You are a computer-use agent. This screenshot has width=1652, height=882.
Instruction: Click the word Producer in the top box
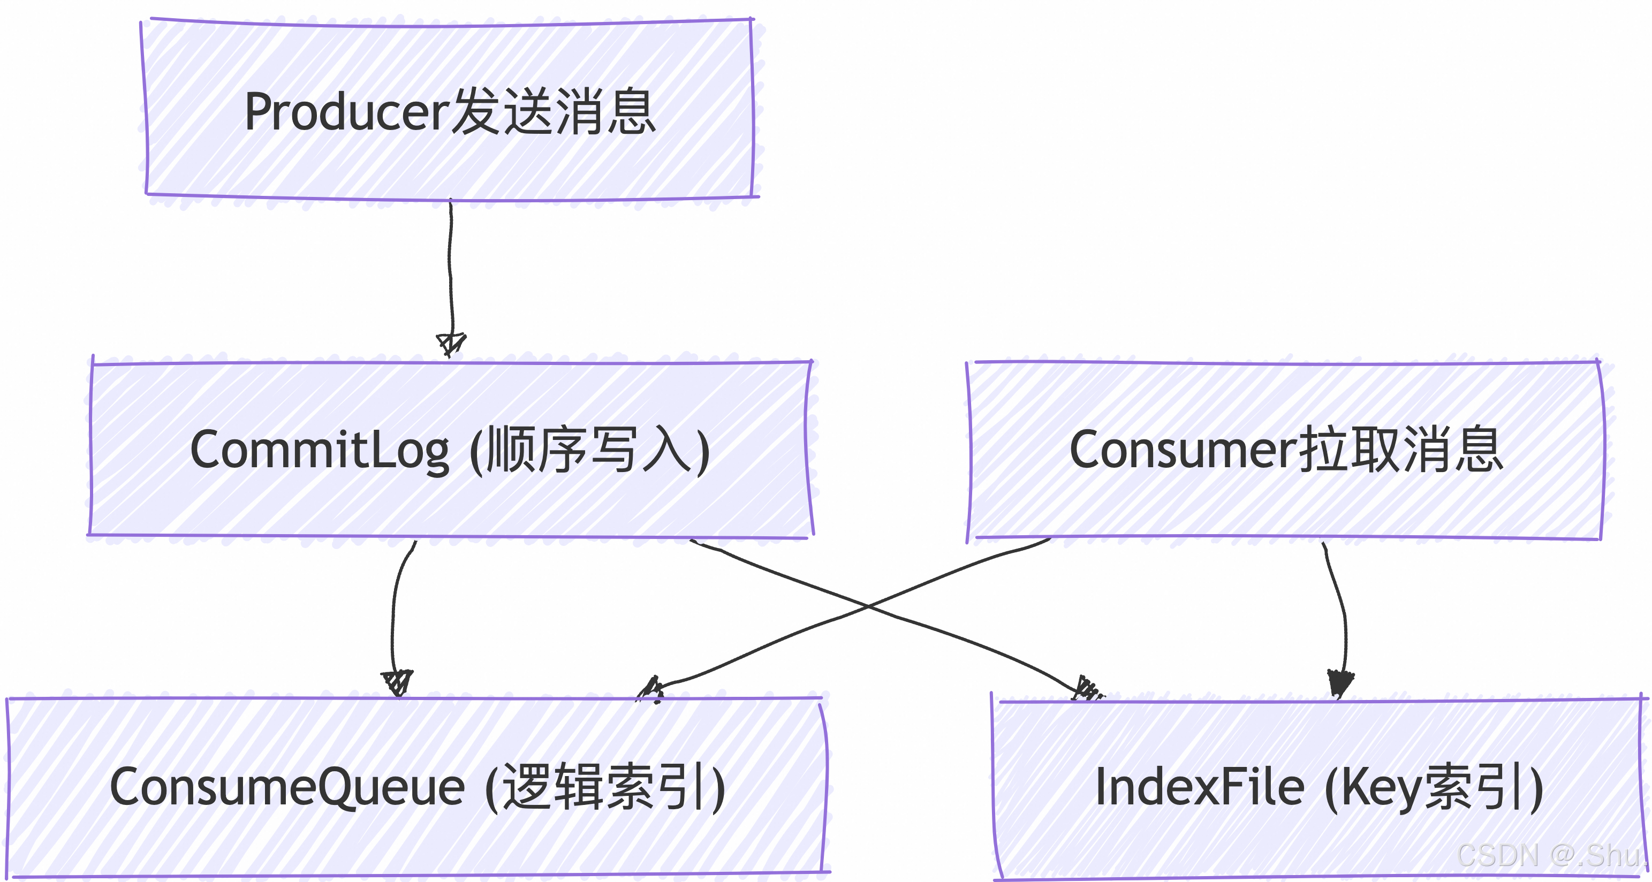pyautogui.click(x=346, y=112)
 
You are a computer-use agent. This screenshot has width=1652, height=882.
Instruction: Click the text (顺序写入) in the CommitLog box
pyautogui.click(x=590, y=451)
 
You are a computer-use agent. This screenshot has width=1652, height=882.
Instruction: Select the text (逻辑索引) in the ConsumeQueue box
pyautogui.click(x=605, y=787)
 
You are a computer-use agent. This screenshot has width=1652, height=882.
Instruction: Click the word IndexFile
pyautogui.click(x=1199, y=787)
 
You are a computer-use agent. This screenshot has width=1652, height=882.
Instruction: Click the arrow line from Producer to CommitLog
pyautogui.click(x=450, y=269)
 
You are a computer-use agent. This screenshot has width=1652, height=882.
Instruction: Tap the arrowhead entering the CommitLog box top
pyautogui.click(x=451, y=344)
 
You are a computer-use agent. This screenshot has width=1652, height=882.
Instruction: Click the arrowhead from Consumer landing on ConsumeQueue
pyautogui.click(x=651, y=690)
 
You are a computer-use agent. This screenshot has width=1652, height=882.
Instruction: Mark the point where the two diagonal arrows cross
pyautogui.click(x=867, y=605)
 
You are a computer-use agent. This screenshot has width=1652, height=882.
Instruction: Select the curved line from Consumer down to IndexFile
pyautogui.click(x=1342, y=609)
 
